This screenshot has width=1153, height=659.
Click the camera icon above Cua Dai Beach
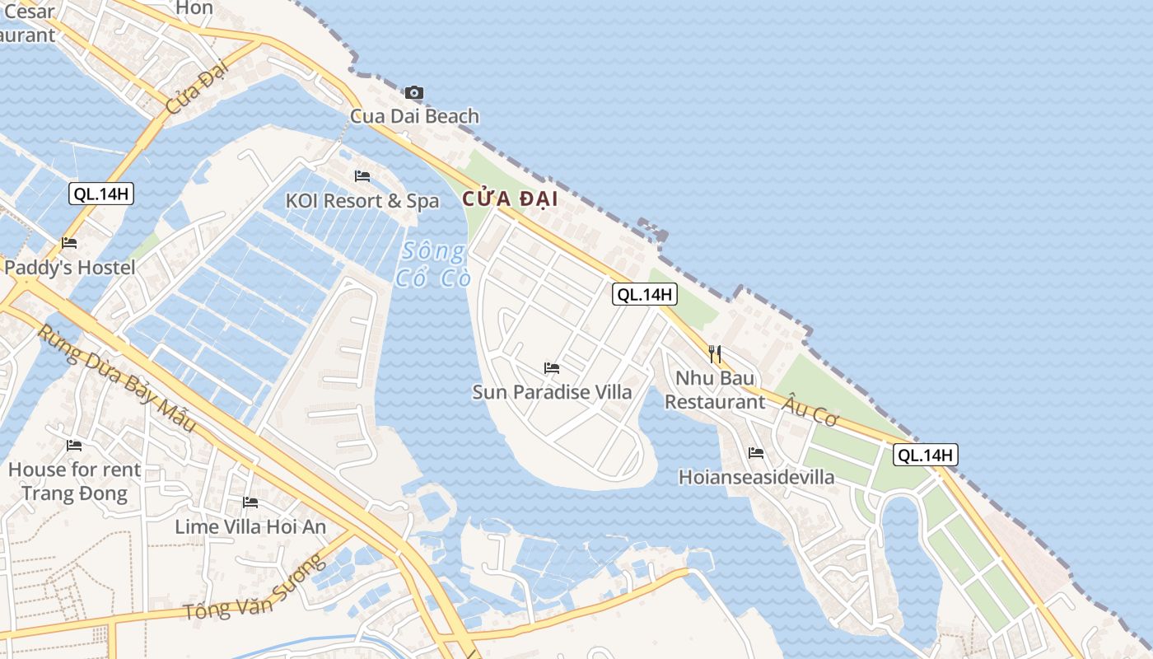point(413,92)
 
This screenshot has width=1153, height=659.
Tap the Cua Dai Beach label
point(414,116)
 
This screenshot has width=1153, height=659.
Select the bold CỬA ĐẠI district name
point(510,199)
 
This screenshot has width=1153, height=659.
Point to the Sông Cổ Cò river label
point(433,264)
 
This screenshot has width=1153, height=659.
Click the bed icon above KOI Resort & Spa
point(362,176)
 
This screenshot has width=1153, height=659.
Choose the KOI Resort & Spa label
point(362,201)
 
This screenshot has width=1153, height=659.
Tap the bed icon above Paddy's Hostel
point(69,244)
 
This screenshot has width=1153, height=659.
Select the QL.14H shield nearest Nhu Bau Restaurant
point(644,294)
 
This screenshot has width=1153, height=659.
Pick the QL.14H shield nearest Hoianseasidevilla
point(926,455)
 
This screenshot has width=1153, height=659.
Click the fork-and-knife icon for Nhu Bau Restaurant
point(715,354)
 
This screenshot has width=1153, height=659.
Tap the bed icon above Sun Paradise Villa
point(552,368)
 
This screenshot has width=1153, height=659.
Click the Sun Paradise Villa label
point(552,392)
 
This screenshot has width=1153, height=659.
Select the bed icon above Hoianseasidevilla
point(756,453)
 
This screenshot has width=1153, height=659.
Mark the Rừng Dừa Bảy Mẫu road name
point(117,377)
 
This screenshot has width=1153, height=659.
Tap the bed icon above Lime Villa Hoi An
point(250,502)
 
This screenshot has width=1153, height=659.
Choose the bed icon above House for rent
point(74,446)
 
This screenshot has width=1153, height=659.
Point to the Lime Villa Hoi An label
point(250,527)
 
